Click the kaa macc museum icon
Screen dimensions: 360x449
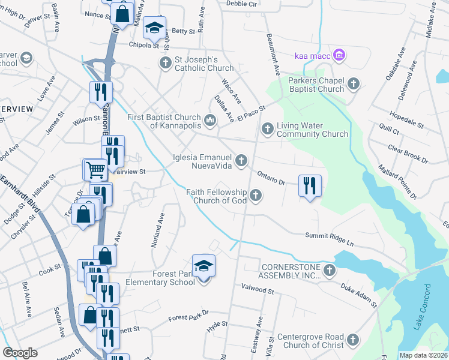point(339,56)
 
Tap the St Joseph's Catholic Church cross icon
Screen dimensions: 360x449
point(165,63)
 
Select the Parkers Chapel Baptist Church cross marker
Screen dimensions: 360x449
point(354,84)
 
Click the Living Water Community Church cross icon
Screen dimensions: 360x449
point(268,128)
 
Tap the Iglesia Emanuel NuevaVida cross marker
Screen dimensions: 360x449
point(241,160)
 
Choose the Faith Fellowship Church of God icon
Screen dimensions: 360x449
point(256,195)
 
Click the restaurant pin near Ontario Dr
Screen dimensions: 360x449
point(310,185)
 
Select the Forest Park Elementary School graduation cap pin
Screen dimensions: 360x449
point(203,266)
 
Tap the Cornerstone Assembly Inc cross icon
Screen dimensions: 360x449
point(329,271)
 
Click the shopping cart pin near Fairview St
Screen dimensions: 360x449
point(95,170)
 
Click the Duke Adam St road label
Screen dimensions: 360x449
point(359,296)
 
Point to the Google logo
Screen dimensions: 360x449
point(20,353)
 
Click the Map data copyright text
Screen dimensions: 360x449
point(424,355)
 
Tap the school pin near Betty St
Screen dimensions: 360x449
point(154,28)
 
